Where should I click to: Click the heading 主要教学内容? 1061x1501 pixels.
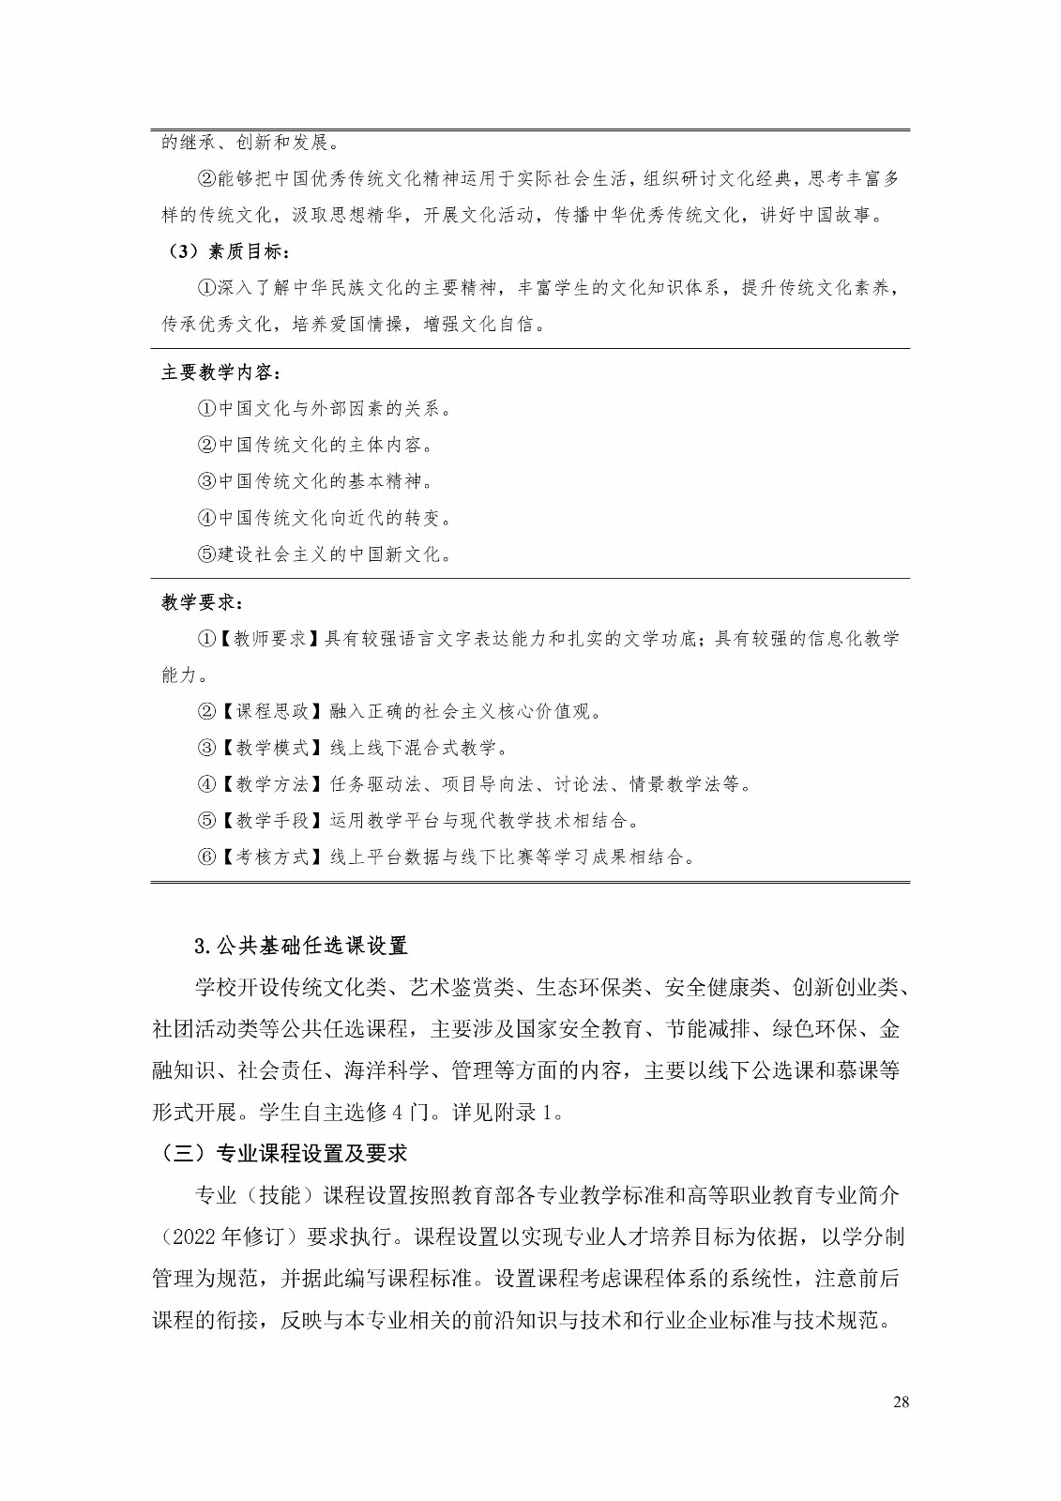pyautogui.click(x=220, y=372)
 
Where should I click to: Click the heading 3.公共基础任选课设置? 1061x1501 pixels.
pyautogui.click(x=301, y=945)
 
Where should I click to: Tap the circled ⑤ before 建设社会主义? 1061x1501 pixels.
pyautogui.click(x=206, y=554)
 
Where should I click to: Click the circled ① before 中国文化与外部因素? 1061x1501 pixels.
pyautogui.click(x=206, y=409)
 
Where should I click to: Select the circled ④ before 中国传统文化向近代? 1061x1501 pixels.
pyautogui.click(x=206, y=518)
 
